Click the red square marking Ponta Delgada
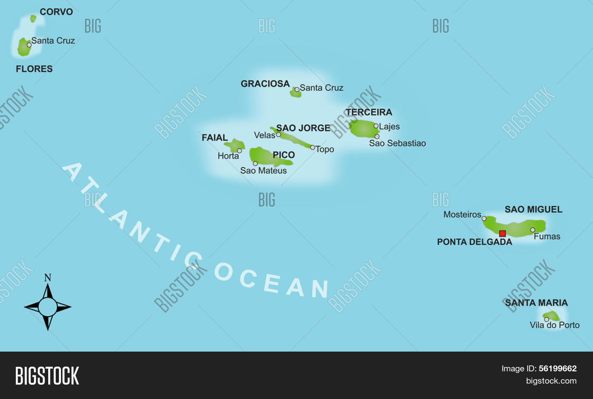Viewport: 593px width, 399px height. pyautogui.click(x=502, y=233)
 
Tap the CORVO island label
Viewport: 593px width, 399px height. pyautogui.click(x=56, y=12)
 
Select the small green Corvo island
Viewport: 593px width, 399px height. pyautogui.click(x=33, y=18)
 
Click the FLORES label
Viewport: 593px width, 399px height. pyautogui.click(x=34, y=69)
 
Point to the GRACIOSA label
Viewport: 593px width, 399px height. pyautogui.click(x=265, y=84)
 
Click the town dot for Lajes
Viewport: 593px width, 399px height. pyautogui.click(x=376, y=126)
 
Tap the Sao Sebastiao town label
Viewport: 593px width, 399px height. pyautogui.click(x=397, y=143)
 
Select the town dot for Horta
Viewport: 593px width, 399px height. pyautogui.click(x=239, y=151)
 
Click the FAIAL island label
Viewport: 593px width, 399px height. pyautogui.click(x=215, y=138)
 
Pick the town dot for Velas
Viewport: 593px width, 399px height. pyautogui.click(x=278, y=135)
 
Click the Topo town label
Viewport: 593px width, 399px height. pyautogui.click(x=325, y=149)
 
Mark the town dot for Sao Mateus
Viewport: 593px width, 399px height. pyautogui.click(x=255, y=164)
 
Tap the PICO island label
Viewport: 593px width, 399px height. pyautogui.click(x=283, y=155)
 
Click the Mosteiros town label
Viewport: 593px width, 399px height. pyautogui.click(x=462, y=215)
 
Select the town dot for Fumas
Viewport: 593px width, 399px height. pyautogui.click(x=533, y=230)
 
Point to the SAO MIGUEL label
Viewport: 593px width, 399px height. pyautogui.click(x=533, y=209)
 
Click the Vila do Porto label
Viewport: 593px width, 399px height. pyautogui.click(x=555, y=325)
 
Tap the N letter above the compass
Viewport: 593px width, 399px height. pyautogui.click(x=48, y=278)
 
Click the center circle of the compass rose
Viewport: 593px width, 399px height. pyautogui.click(x=48, y=307)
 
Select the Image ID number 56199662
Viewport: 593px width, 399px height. pyautogui.click(x=557, y=369)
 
